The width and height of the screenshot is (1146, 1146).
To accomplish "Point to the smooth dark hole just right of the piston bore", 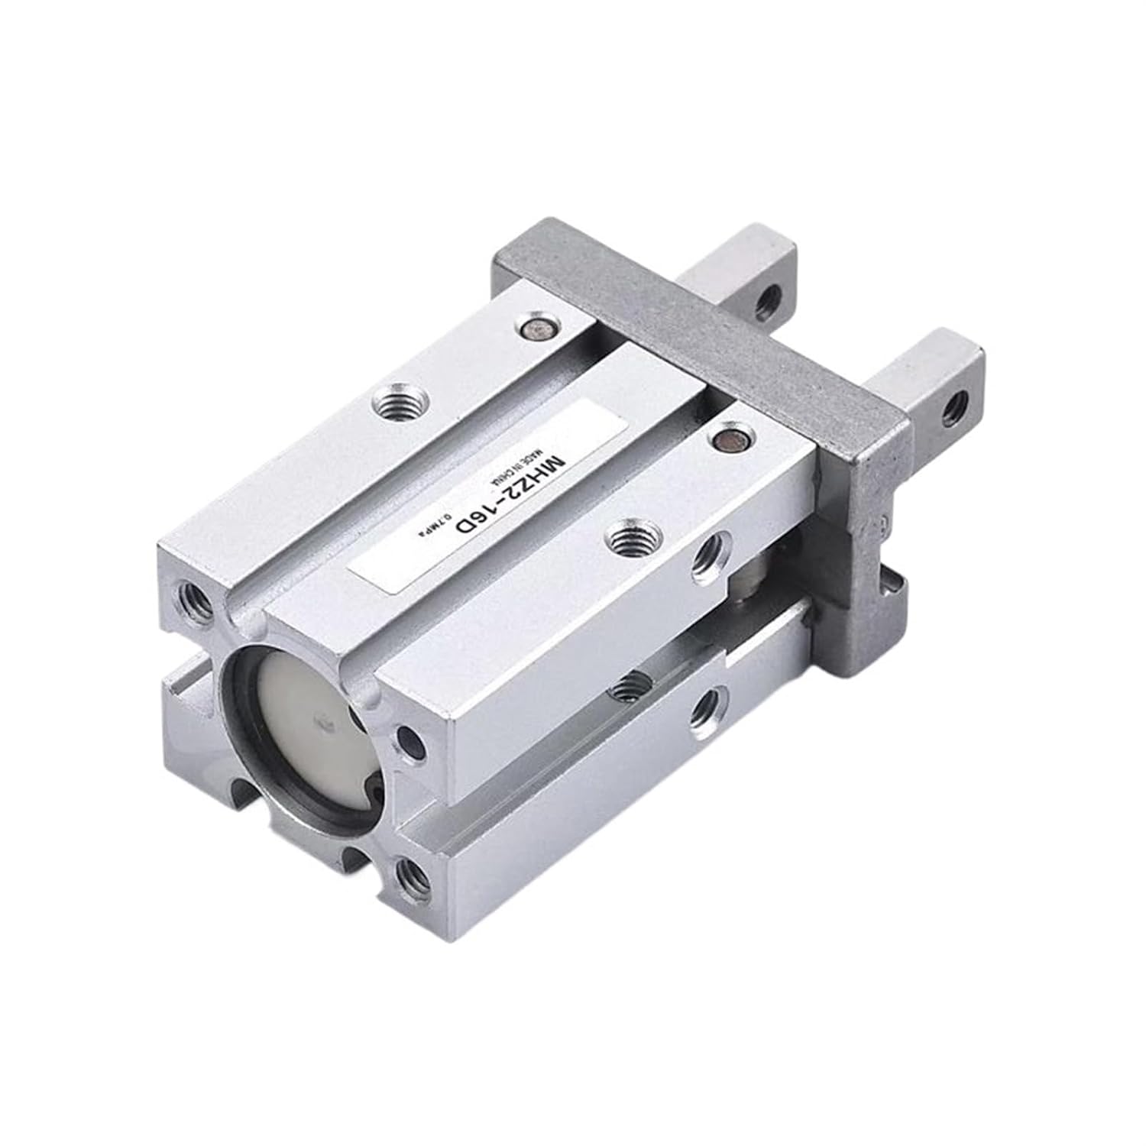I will (x=410, y=738).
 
